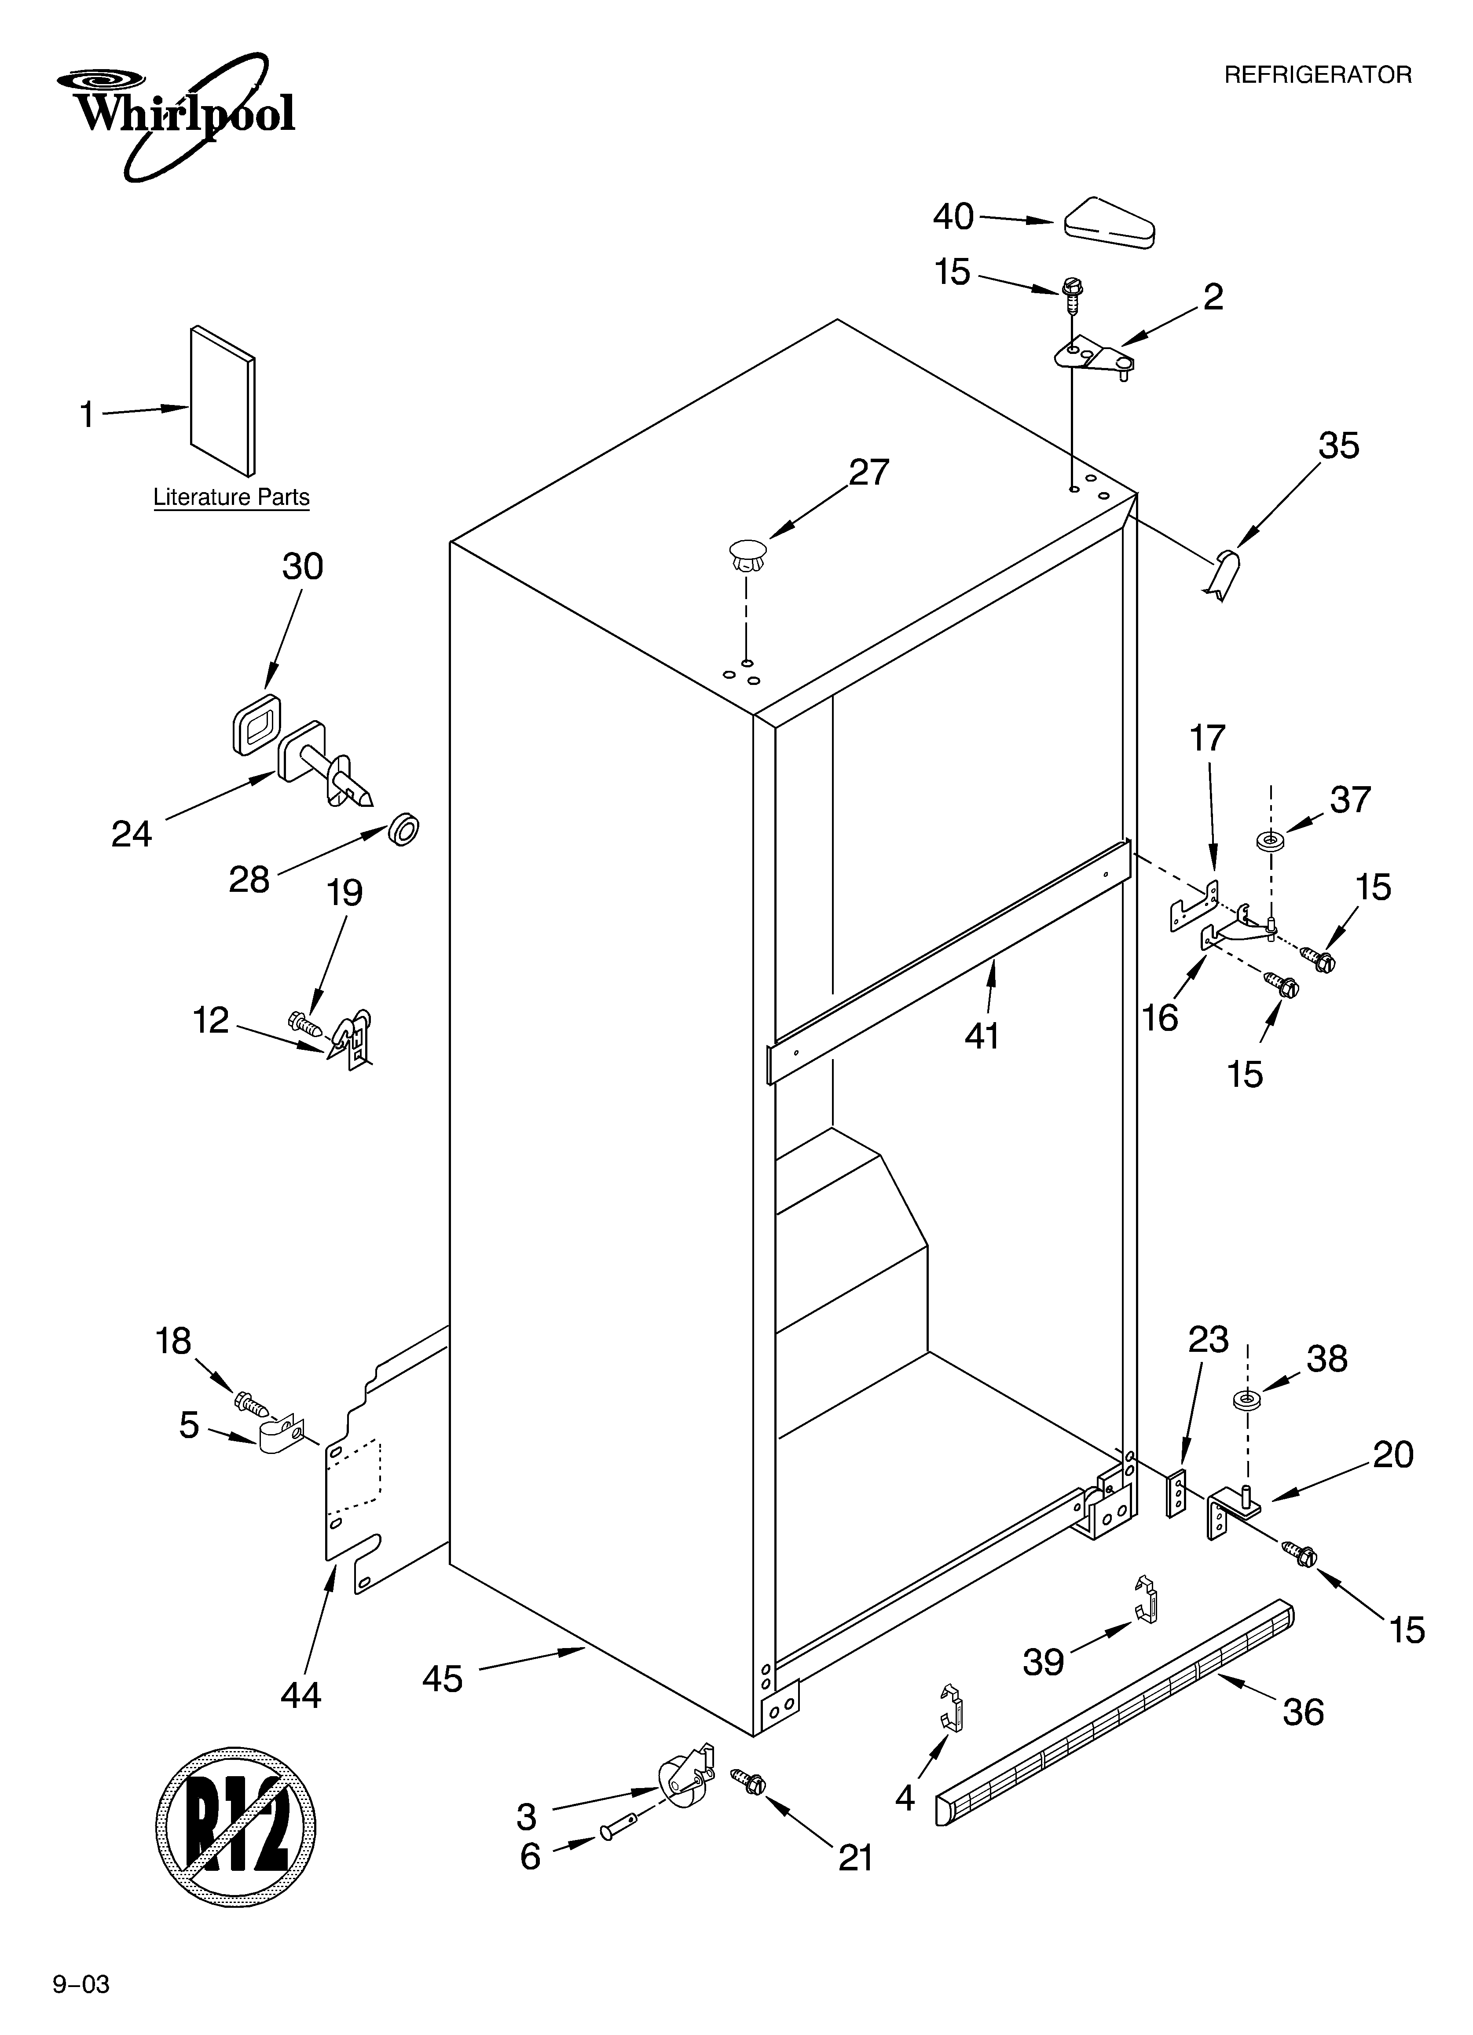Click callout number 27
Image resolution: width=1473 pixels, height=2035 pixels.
click(868, 472)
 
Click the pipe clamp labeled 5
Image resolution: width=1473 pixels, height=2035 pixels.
click(278, 1438)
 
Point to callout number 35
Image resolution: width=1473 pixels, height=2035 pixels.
click(1337, 446)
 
